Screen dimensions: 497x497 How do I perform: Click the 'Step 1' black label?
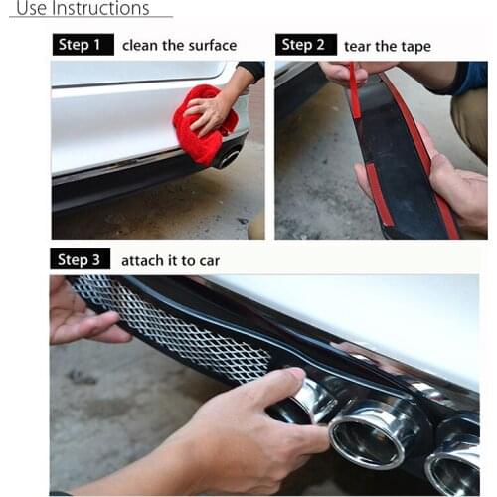point(81,45)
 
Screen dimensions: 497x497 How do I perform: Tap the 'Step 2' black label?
point(303,45)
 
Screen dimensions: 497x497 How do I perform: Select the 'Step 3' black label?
point(81,260)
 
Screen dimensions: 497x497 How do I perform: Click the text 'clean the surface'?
point(179,45)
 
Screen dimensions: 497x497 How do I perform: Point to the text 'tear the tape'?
point(387,46)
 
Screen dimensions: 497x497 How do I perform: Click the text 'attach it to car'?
point(170,261)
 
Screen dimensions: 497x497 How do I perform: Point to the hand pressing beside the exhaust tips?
point(248,427)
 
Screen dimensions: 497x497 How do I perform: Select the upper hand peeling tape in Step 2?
point(348,72)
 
